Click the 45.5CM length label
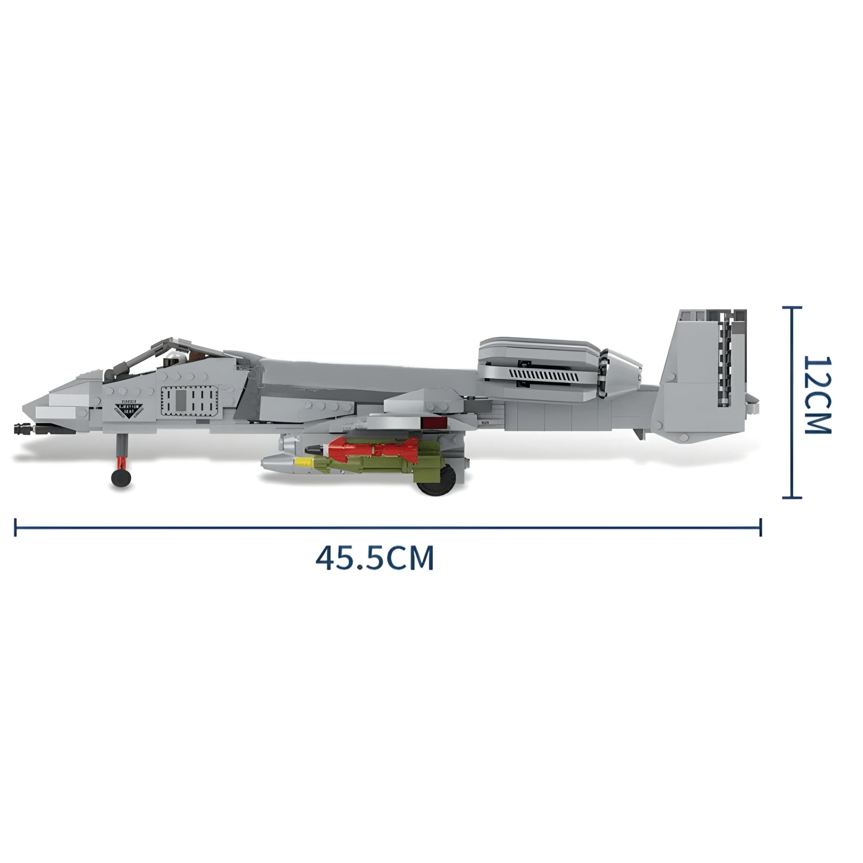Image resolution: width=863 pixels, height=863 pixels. [x=374, y=558]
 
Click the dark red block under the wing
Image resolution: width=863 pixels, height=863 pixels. [x=433, y=422]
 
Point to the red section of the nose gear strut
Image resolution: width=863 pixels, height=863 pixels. [x=121, y=462]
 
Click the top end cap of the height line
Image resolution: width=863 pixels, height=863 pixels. [x=792, y=307]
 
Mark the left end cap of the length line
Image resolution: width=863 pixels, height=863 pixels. [x=16, y=527]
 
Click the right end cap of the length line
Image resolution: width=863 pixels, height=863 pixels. [x=760, y=527]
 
